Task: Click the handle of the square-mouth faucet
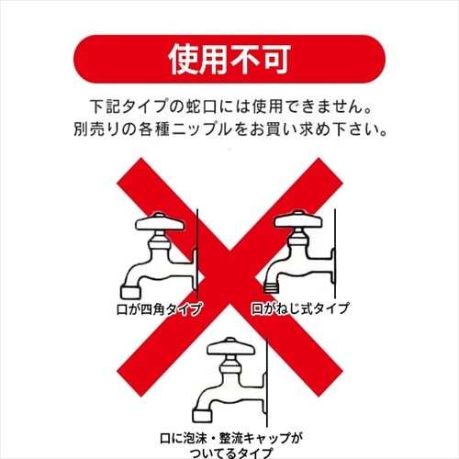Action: (160, 224)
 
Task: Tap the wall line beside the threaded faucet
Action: (339, 257)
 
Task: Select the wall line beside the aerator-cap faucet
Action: (265, 376)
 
